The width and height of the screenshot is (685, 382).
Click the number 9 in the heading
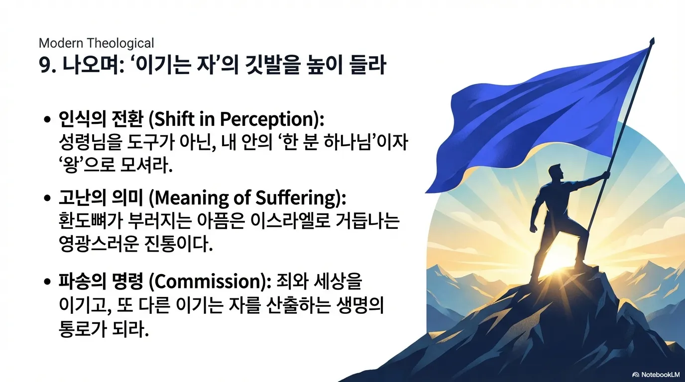(44, 65)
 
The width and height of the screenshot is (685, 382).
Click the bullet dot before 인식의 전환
(47, 119)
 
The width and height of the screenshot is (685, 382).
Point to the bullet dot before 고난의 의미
(47, 198)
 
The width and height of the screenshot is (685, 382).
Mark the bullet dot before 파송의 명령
(47, 281)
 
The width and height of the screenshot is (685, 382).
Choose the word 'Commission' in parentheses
(208, 282)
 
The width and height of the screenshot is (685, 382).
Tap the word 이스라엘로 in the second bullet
(290, 220)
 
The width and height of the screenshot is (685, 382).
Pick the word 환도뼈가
(90, 220)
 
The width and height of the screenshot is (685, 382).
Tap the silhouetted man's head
(555, 172)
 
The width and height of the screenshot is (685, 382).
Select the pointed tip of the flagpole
(652, 39)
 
